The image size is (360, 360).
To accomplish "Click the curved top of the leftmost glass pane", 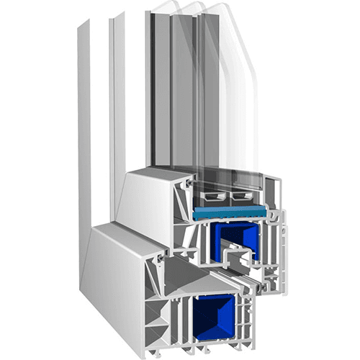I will click(164, 9).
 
